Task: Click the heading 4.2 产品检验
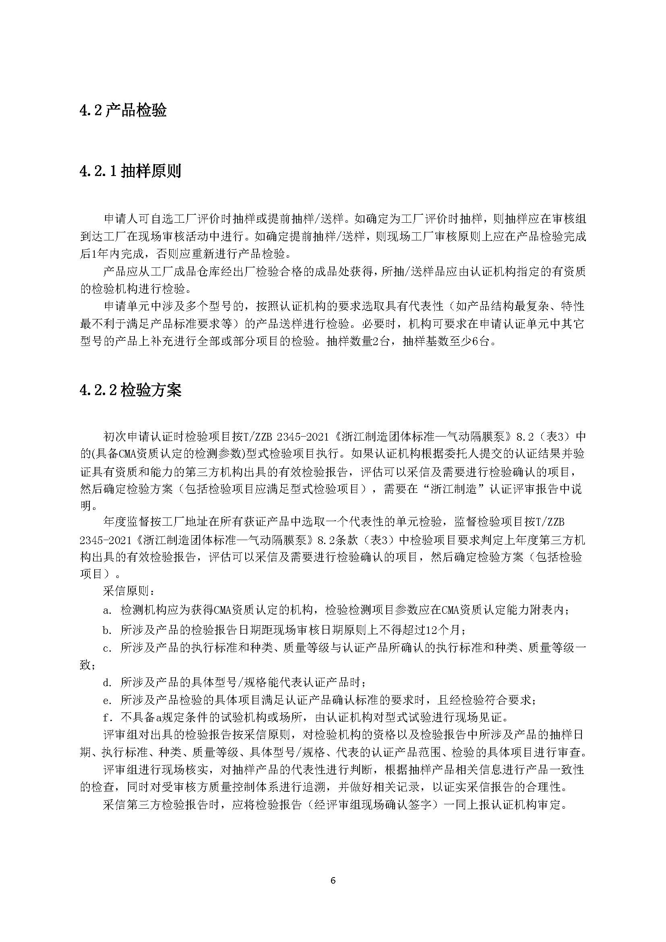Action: tap(123, 111)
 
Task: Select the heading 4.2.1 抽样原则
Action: tap(130, 172)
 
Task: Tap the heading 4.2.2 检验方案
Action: tap(130, 390)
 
